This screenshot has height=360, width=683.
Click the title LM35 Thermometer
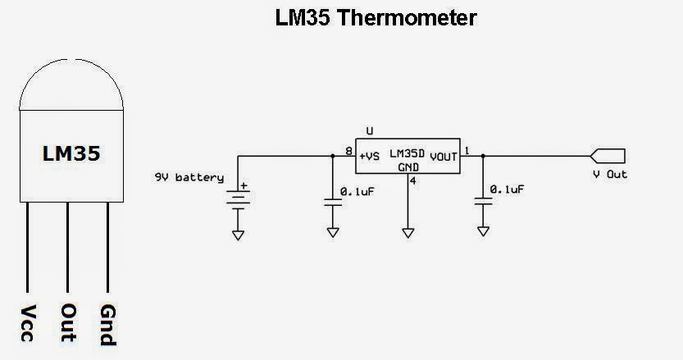(x=376, y=17)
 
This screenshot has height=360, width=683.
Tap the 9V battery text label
(x=187, y=176)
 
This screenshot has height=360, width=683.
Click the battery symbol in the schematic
(x=238, y=200)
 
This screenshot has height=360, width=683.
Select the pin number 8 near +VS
(x=348, y=150)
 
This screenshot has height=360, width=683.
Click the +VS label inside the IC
(x=369, y=156)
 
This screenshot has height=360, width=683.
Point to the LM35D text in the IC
(x=408, y=154)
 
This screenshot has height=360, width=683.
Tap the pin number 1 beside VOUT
(x=467, y=150)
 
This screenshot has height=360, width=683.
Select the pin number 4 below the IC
(x=412, y=180)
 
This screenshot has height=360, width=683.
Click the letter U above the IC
(x=370, y=131)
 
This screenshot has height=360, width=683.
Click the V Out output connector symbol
(x=608, y=155)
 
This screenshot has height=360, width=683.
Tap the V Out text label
(x=610, y=175)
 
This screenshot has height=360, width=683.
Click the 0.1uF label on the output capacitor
(x=506, y=189)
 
